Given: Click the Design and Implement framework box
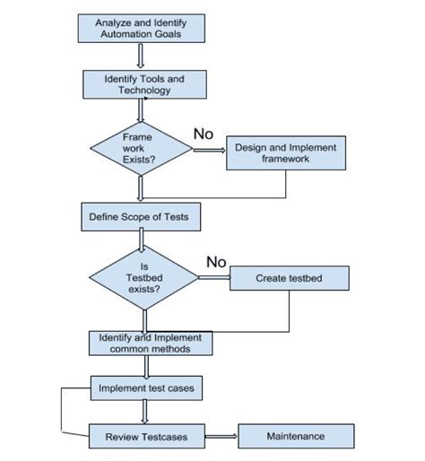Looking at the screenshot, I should pyautogui.click(x=284, y=152).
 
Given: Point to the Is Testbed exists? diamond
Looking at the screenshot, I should pyautogui.click(x=143, y=280).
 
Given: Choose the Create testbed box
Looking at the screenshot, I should pyautogui.click(x=289, y=279).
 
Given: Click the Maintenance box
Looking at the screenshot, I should pyautogui.click(x=295, y=437).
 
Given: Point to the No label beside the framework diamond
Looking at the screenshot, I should pyautogui.click(x=204, y=134).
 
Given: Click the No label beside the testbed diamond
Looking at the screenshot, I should pyautogui.click(x=217, y=262).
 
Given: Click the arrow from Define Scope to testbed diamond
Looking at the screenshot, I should pyautogui.click(x=141, y=239).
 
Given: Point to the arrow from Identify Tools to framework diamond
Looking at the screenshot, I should pyautogui.click(x=141, y=109).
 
